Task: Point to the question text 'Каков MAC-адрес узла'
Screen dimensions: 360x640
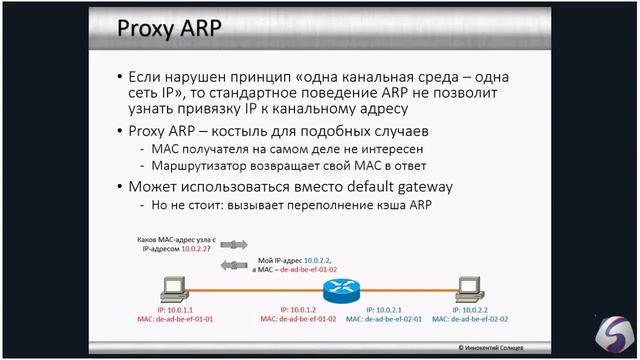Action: click(x=175, y=241)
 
